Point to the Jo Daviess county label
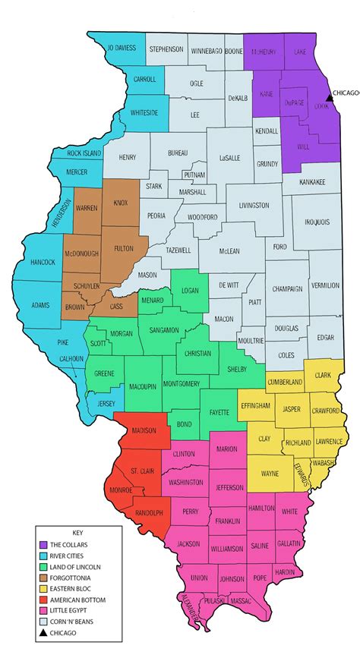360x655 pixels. tap(122, 47)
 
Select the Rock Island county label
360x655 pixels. tap(84, 153)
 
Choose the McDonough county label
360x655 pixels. tap(84, 233)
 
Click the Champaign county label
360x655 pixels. tap(287, 289)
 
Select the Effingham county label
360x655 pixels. tap(254, 407)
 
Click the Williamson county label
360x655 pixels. tap(227, 549)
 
